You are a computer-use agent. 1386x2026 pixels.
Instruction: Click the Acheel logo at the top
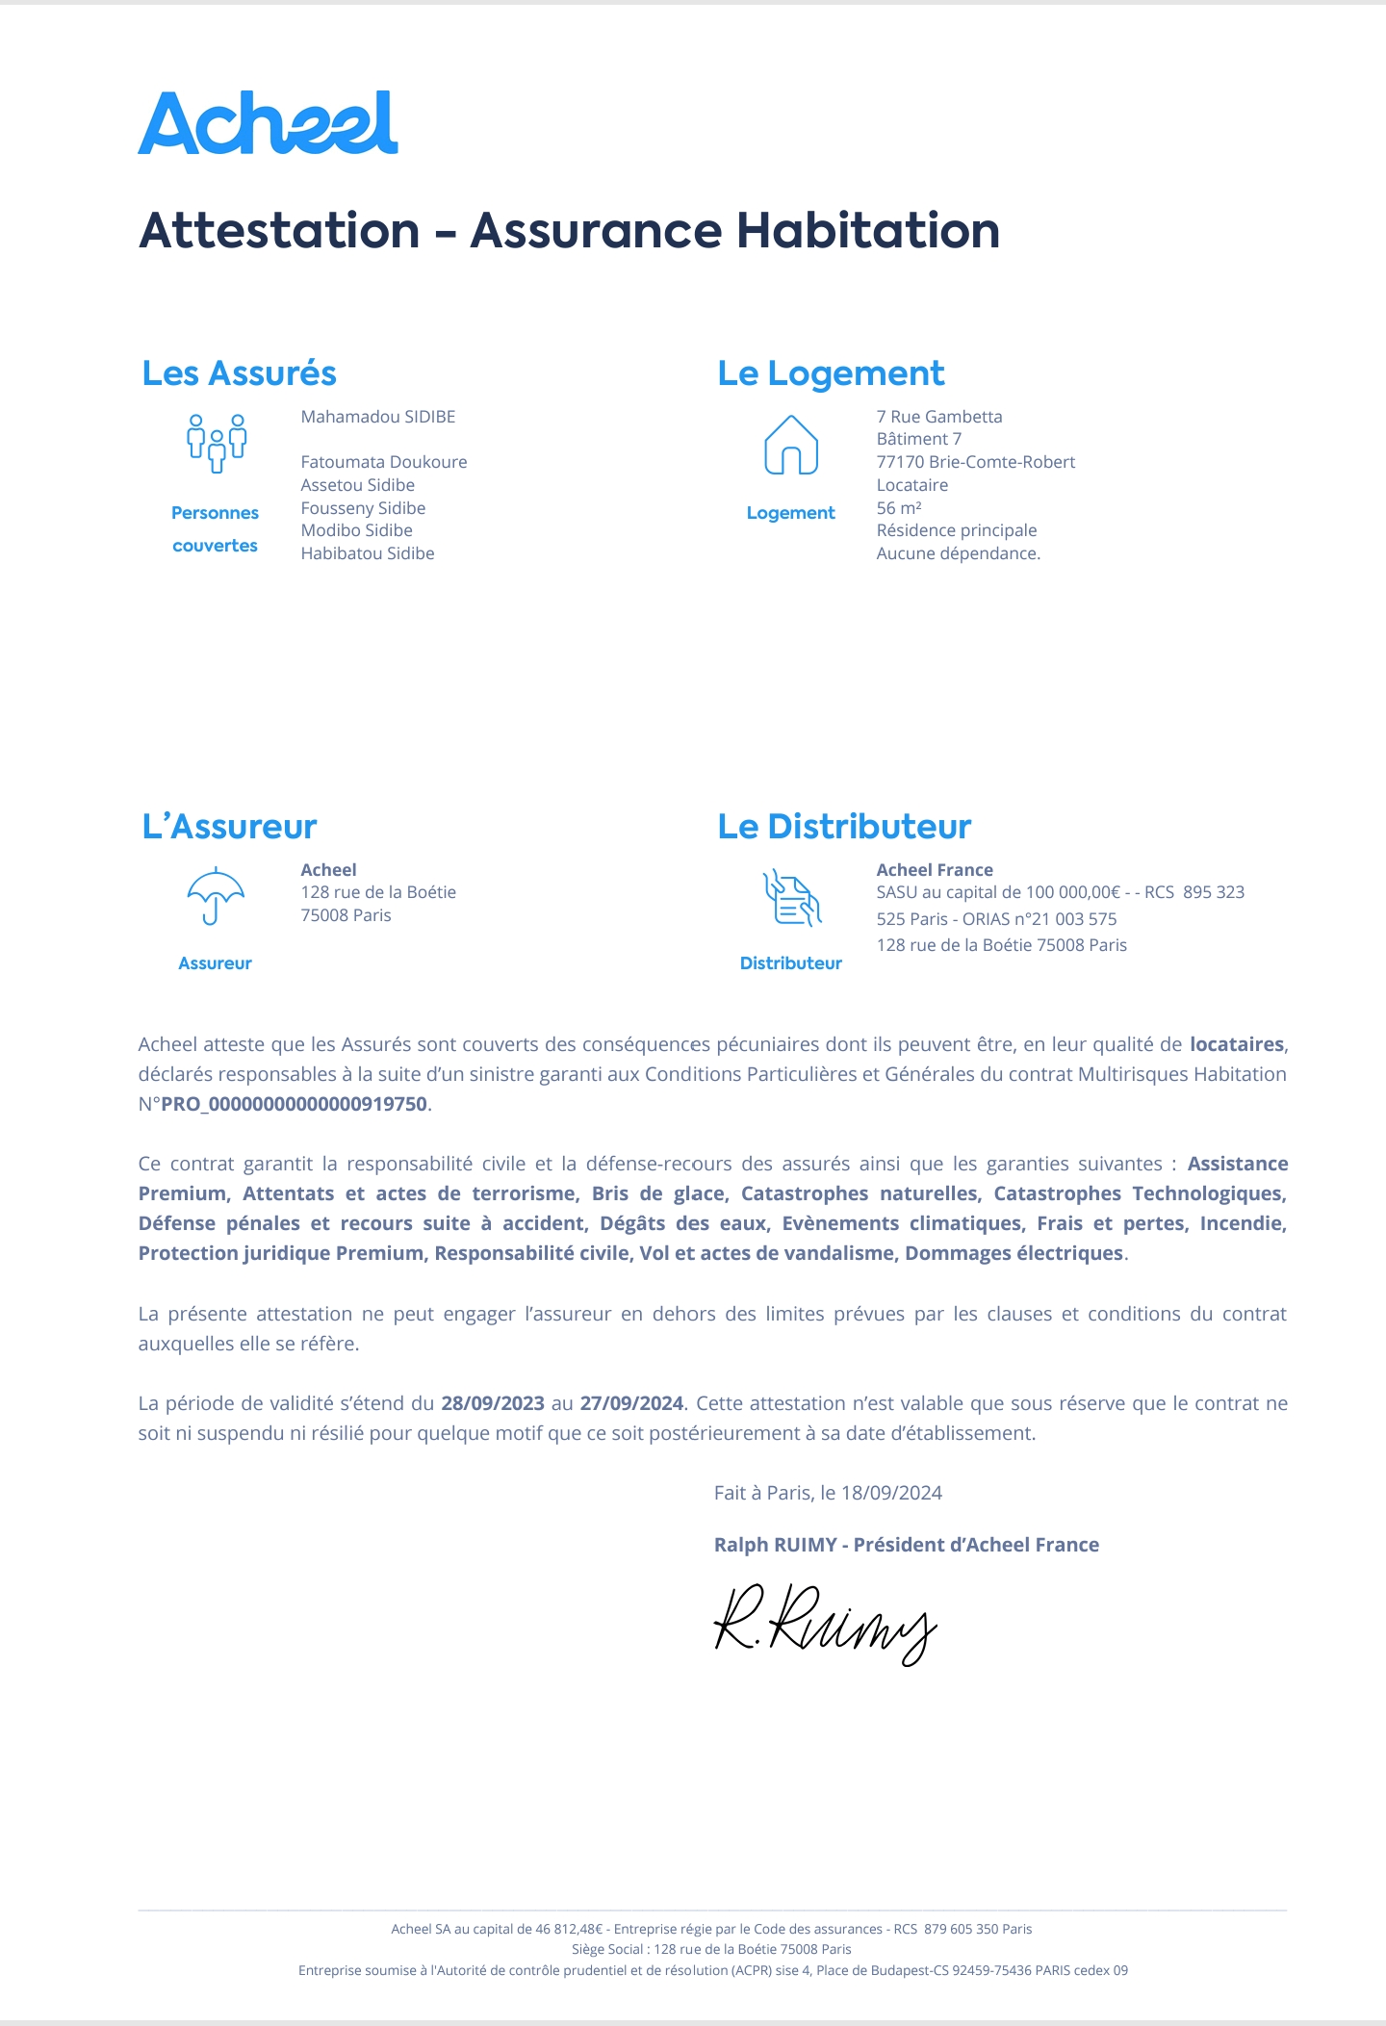click(x=268, y=123)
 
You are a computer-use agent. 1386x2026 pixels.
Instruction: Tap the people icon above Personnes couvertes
click(x=217, y=443)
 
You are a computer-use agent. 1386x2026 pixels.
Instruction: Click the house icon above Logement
click(x=791, y=445)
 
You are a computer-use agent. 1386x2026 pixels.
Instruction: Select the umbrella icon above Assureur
click(x=216, y=896)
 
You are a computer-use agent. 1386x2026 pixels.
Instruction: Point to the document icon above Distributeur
click(x=792, y=898)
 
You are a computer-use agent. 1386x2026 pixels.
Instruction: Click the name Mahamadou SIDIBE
click(x=378, y=417)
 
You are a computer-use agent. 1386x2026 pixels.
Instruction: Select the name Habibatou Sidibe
click(x=368, y=553)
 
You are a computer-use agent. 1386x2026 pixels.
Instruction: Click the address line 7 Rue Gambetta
click(x=939, y=417)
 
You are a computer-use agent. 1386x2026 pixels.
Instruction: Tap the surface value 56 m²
click(x=899, y=508)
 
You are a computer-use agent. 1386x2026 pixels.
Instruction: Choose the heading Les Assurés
click(x=239, y=373)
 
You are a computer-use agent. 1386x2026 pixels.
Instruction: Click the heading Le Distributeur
click(x=844, y=827)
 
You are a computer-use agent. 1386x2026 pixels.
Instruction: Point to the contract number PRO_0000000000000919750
click(x=294, y=1104)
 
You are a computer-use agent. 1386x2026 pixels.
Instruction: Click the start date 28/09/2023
click(x=493, y=1403)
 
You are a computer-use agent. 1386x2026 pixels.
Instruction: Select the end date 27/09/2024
click(x=631, y=1403)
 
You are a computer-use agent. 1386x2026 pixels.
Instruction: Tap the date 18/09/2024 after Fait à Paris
click(x=891, y=1493)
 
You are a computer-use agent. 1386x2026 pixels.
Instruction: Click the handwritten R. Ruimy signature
click(x=825, y=1623)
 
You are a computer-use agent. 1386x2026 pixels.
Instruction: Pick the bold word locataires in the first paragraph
click(x=1237, y=1044)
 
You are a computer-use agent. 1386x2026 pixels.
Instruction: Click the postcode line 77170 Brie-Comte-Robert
click(x=976, y=462)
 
